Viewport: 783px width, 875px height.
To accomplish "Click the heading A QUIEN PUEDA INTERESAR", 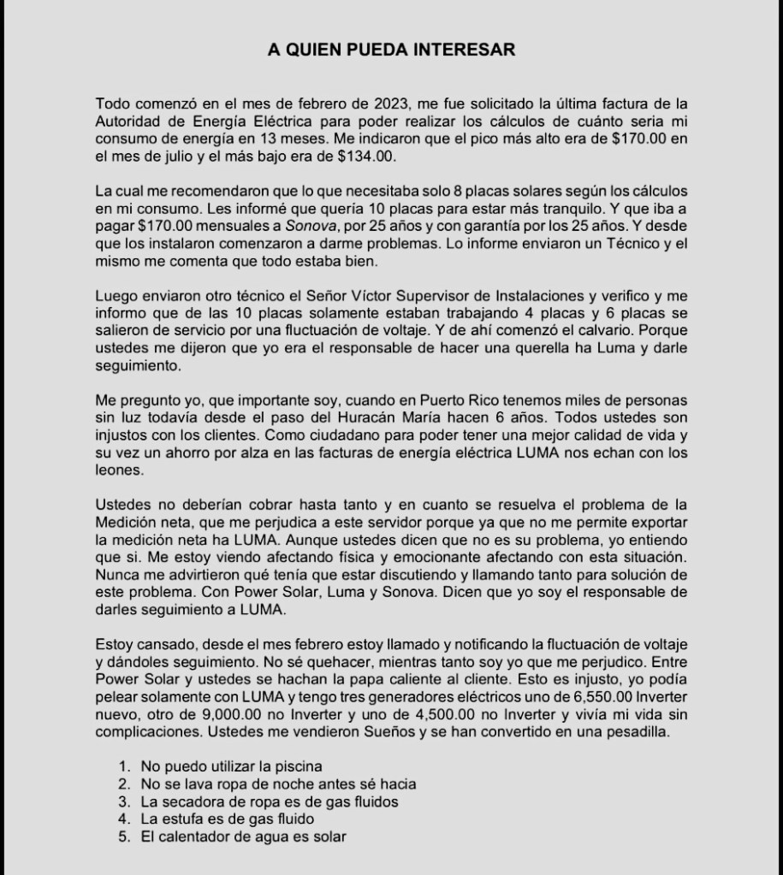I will pyautogui.click(x=391, y=50).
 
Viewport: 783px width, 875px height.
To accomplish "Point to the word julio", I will pyautogui.click(x=218, y=157).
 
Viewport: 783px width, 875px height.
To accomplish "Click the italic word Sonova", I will pyautogui.click(x=310, y=227).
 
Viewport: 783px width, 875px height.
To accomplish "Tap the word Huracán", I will pyautogui.click(x=394, y=418).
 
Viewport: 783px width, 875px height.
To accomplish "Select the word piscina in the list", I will pyautogui.click(x=296, y=766).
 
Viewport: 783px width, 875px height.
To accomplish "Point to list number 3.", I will pyautogui.click(x=125, y=801).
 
